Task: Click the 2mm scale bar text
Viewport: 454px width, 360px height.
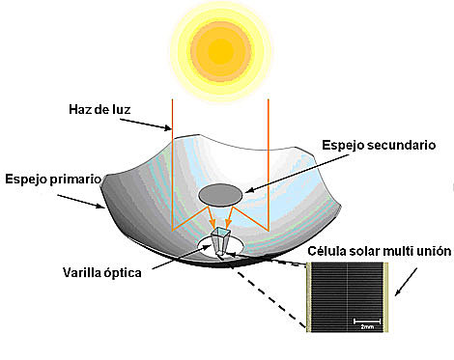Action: tap(369, 327)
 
